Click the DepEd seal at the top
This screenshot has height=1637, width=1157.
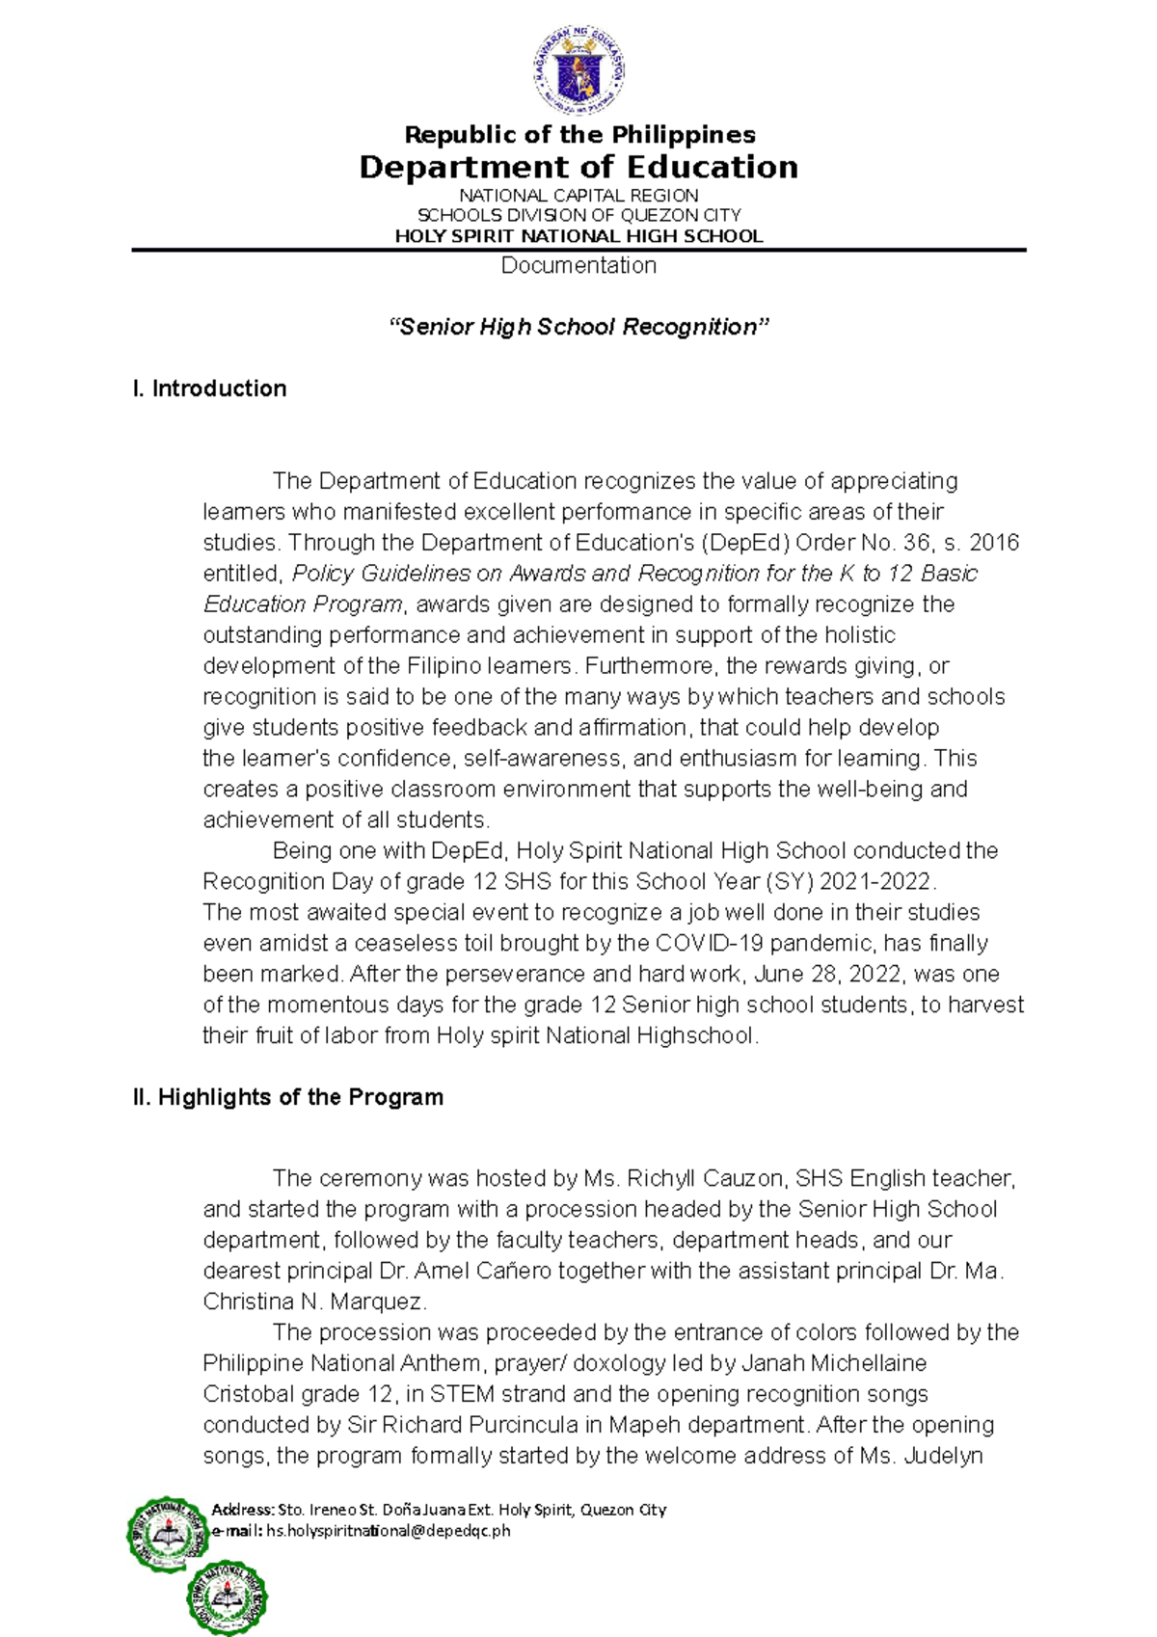tap(578, 70)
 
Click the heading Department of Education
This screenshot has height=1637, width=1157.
tap(578, 168)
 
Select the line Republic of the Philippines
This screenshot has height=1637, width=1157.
tap(579, 135)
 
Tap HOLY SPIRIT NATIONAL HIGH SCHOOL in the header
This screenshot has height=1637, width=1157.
tap(578, 236)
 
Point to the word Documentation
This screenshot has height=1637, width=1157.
tap(578, 265)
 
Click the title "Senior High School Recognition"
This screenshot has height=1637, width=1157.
tap(578, 327)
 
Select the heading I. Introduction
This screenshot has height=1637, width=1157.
tap(209, 389)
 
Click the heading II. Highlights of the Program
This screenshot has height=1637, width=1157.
tap(287, 1097)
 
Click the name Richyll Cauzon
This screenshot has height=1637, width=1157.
tap(707, 1178)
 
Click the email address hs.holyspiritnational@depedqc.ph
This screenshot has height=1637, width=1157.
tap(389, 1530)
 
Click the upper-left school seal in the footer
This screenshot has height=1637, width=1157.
tap(168, 1537)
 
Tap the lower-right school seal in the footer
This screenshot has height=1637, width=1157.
tap(228, 1597)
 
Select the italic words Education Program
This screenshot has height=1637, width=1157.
tap(303, 604)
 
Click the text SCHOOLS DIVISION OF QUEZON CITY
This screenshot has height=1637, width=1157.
tap(578, 215)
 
